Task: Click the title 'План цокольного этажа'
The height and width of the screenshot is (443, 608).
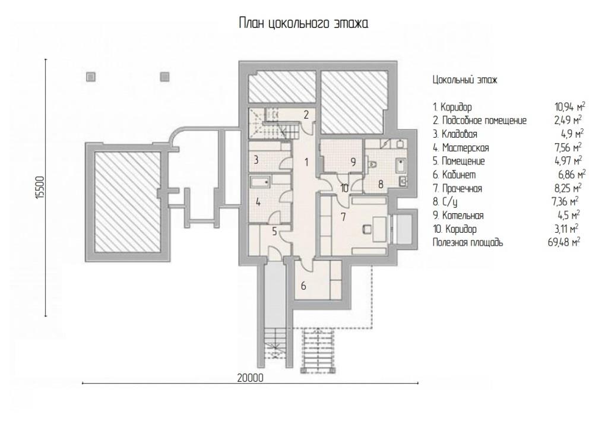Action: (303, 23)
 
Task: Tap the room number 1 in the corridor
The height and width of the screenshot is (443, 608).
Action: (306, 162)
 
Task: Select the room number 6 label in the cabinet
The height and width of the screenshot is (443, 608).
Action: (303, 286)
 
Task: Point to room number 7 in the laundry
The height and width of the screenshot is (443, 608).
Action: (343, 217)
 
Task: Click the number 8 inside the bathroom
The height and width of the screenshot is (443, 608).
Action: (381, 184)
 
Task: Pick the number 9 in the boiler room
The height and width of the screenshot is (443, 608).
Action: (353, 162)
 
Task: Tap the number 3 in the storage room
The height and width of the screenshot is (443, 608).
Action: (256, 159)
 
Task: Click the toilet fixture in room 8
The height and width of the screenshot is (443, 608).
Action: (372, 164)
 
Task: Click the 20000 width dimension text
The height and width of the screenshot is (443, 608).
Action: (250, 378)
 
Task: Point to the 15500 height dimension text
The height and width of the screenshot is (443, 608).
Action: (41, 188)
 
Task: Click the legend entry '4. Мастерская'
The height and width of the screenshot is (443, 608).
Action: (461, 148)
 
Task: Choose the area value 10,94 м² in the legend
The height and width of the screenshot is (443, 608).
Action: (569, 107)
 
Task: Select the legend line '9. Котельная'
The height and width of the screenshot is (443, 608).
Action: (458, 216)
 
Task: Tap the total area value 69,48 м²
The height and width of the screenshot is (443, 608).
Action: (564, 242)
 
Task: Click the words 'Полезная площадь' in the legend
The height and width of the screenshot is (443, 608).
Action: (468, 242)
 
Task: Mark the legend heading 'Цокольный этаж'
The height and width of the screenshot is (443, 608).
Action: (465, 80)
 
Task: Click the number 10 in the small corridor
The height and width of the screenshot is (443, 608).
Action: (344, 188)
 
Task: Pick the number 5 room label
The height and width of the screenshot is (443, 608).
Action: (274, 232)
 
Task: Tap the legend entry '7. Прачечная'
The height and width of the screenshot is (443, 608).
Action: (458, 188)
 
